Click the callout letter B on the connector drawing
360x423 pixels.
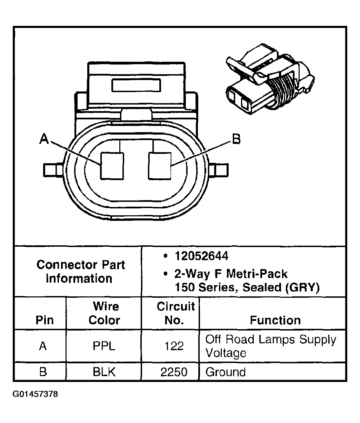click(236, 139)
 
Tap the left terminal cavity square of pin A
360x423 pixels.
click(112, 166)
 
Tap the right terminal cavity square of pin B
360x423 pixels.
click(160, 166)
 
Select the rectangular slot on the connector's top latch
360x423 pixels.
click(137, 85)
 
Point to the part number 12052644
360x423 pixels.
click(201, 256)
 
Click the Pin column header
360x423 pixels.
click(44, 320)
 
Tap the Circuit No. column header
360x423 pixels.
click(176, 313)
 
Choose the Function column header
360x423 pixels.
click(275, 320)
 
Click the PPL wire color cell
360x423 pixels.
click(104, 346)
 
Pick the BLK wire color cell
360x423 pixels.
click(104, 372)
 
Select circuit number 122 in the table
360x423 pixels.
click(174, 346)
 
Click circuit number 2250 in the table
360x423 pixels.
click(174, 372)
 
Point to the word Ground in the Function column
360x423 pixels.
click(226, 372)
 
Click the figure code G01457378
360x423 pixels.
click(36, 394)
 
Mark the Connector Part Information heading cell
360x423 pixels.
click(80, 272)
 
